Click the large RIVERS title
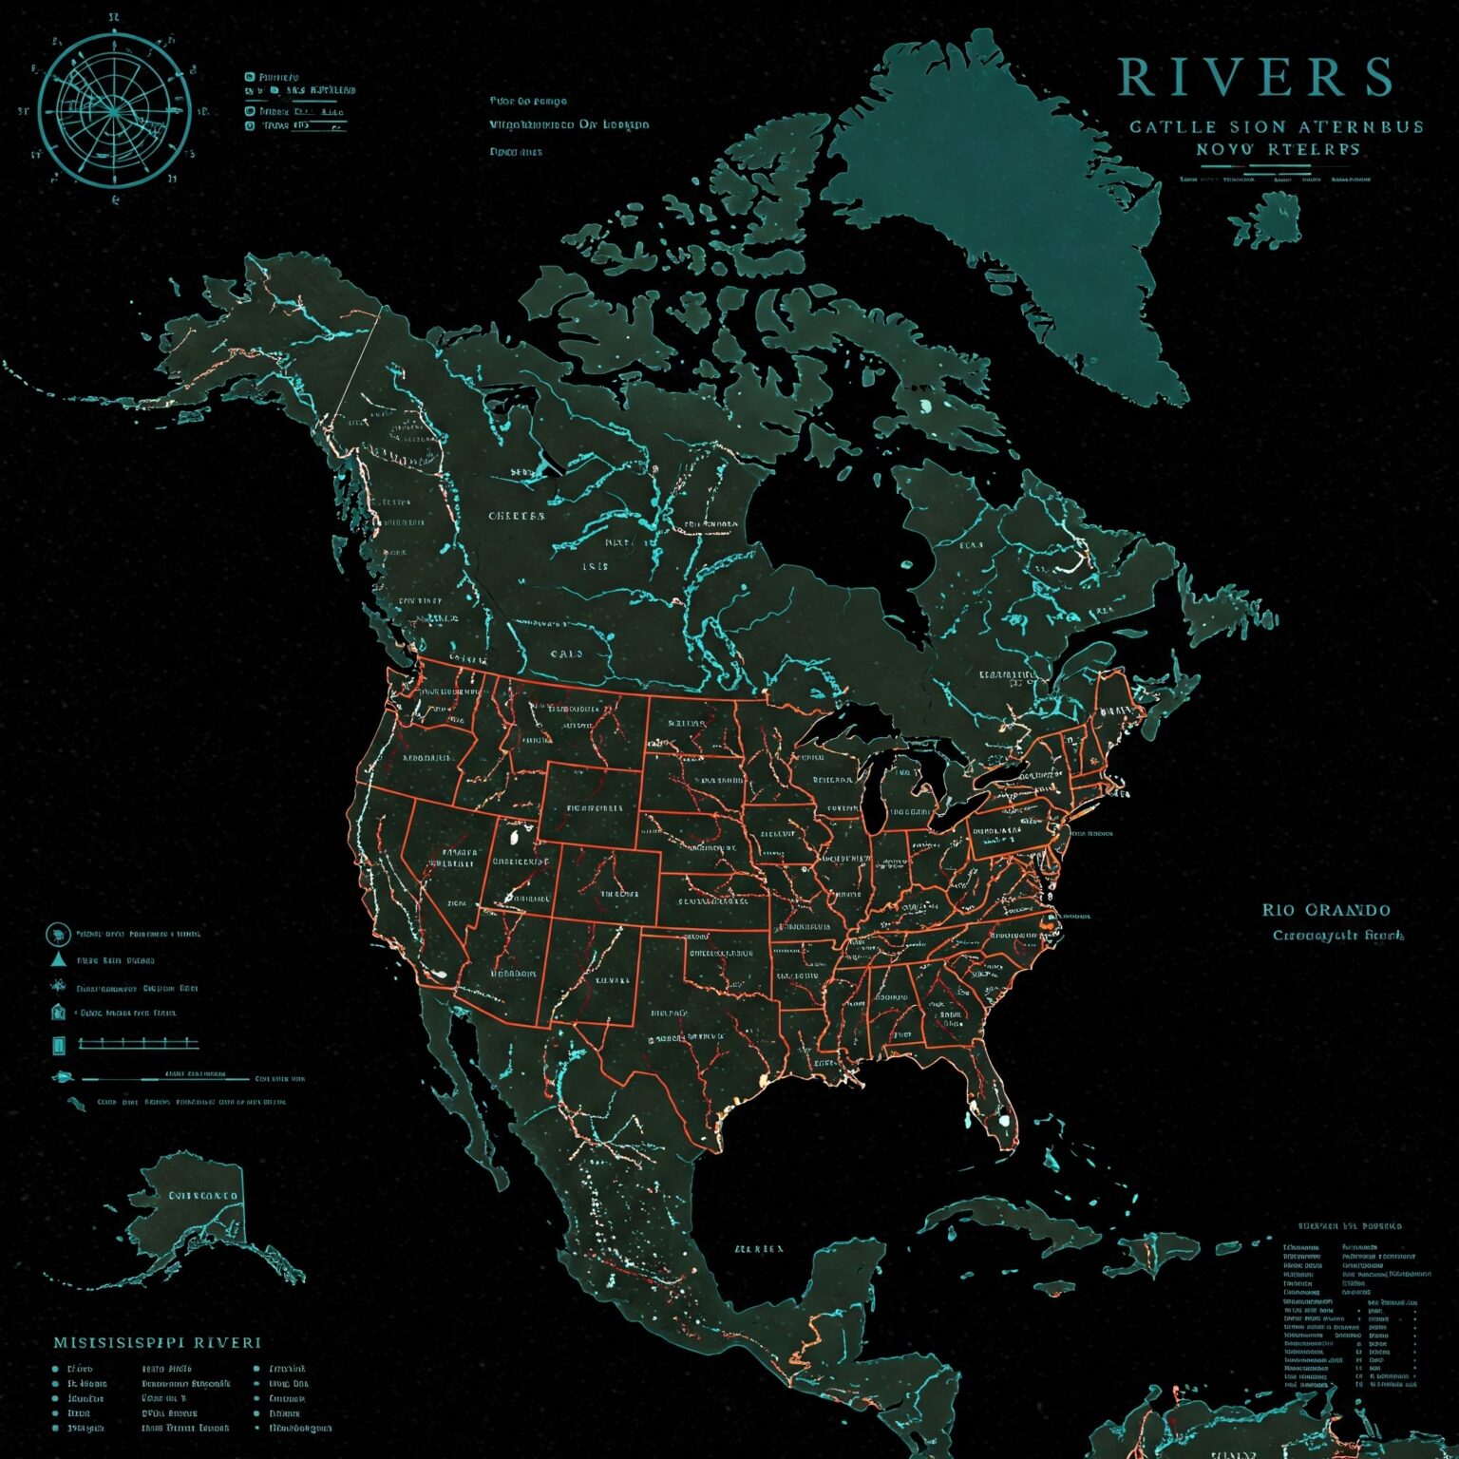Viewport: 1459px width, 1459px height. coord(1254,77)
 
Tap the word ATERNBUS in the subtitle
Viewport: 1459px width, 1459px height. coord(1367,126)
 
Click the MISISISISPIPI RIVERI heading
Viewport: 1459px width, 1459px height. coord(157,1343)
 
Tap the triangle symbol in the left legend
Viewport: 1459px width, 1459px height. coord(58,959)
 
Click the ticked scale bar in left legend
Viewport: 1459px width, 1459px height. coord(139,1044)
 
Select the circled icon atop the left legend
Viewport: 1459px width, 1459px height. coord(58,934)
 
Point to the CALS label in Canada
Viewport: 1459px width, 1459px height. coord(566,654)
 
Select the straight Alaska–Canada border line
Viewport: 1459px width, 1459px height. coord(361,356)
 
